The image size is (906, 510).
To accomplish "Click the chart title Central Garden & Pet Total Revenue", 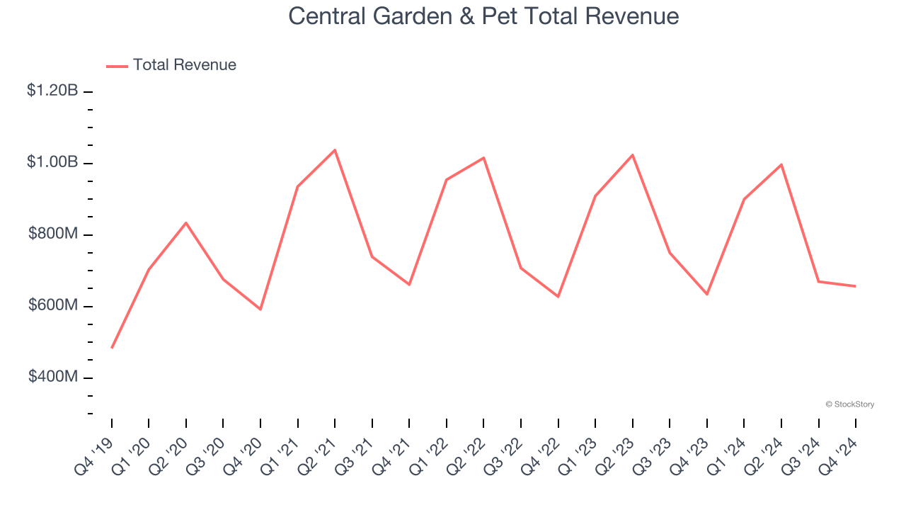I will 483,16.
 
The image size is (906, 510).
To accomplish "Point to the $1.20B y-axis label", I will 52,91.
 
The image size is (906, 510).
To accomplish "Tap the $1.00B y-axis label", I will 52,162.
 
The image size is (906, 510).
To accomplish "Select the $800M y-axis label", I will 53,234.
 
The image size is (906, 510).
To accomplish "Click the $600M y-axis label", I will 53,305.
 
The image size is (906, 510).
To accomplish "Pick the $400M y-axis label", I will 53,377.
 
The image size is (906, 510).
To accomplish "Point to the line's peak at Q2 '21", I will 335,150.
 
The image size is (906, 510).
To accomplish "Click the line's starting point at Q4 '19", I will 112,348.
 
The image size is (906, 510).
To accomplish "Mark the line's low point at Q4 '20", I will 260,309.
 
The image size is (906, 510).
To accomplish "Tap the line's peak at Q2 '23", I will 632,155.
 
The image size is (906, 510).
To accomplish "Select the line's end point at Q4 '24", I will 855,286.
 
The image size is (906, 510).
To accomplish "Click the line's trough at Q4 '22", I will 558,296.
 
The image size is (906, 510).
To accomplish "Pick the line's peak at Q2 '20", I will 186,223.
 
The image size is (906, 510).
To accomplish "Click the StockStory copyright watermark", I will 849,404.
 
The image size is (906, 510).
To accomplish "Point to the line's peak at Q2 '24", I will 781,165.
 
